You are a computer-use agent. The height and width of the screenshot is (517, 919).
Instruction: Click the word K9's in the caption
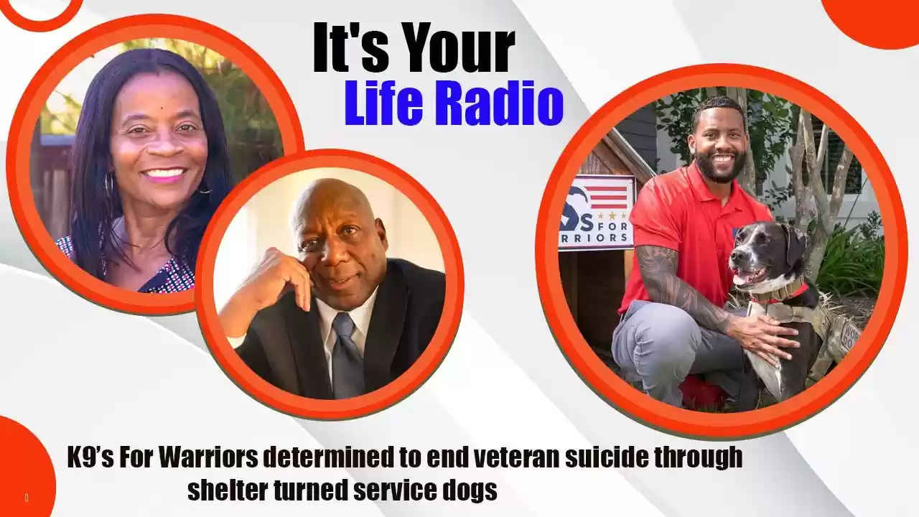[x=90, y=457]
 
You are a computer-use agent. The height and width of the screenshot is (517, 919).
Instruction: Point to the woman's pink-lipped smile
[x=163, y=174]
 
